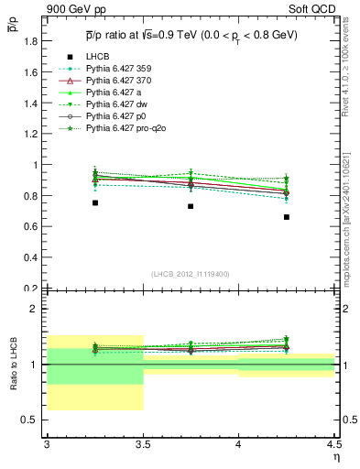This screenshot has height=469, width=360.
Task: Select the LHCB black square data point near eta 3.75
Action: (x=191, y=206)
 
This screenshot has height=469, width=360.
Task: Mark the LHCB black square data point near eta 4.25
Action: (x=287, y=217)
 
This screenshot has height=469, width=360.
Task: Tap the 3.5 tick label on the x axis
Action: (x=143, y=444)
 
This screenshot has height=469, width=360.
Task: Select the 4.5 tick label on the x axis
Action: (x=333, y=444)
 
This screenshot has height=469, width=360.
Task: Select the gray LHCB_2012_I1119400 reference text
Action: (x=191, y=273)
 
